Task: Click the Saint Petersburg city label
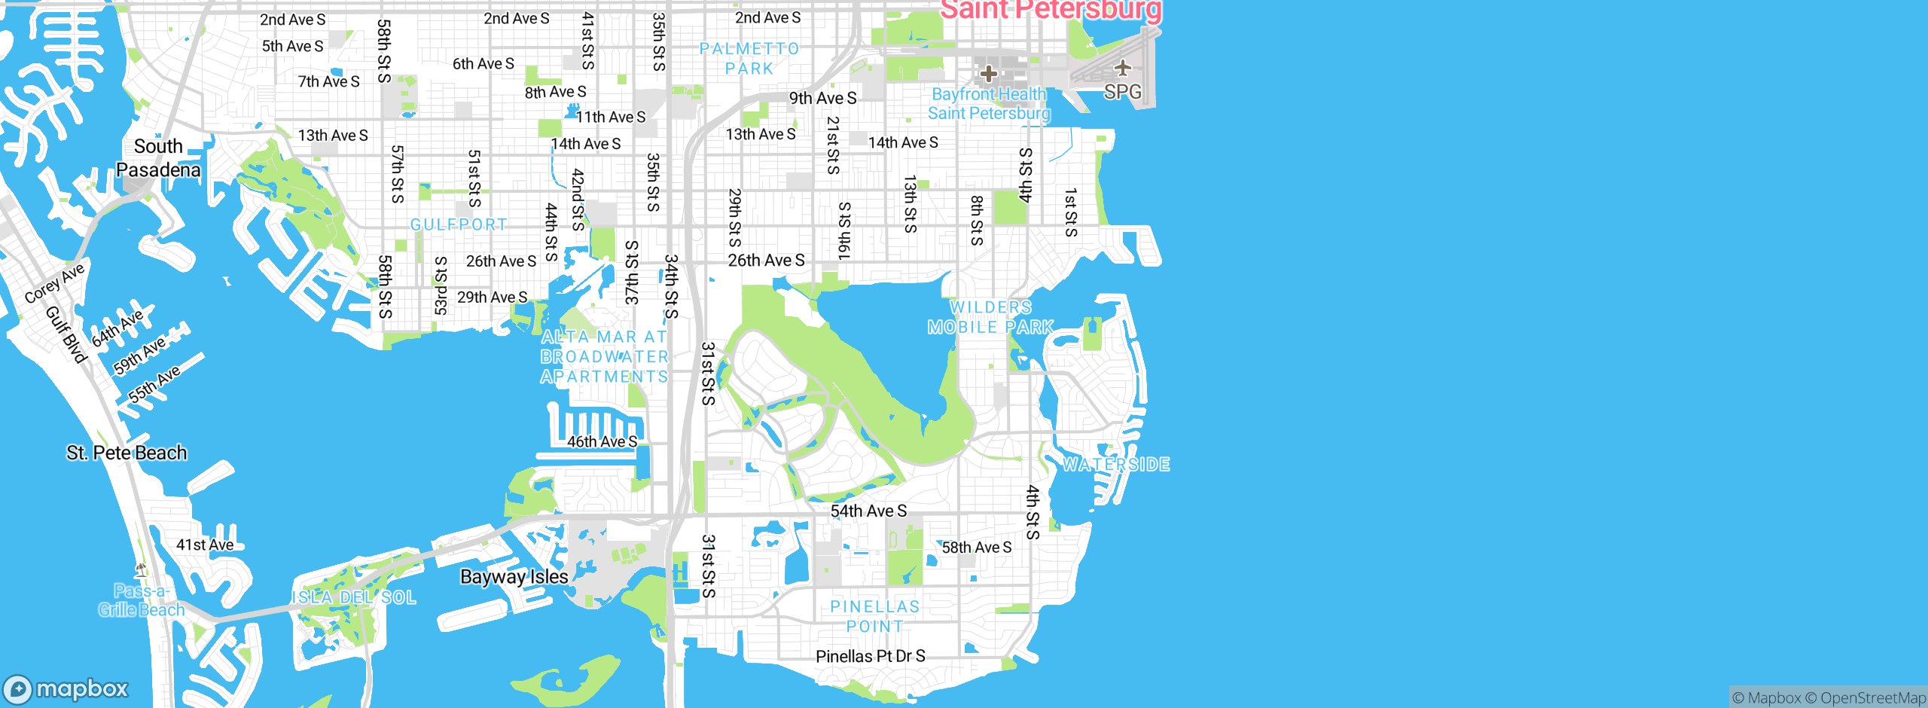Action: click(x=1051, y=11)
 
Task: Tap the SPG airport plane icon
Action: click(x=1123, y=68)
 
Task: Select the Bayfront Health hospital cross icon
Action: click(x=988, y=74)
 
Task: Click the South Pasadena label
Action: click(x=158, y=158)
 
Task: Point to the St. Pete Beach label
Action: click(x=127, y=453)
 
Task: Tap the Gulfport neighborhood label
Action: click(x=459, y=224)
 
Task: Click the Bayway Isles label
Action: click(x=514, y=577)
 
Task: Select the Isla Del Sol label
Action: click(x=354, y=597)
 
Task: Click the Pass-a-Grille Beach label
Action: click(x=141, y=600)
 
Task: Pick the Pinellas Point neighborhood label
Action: click(x=874, y=616)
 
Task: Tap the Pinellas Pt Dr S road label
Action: click(x=870, y=656)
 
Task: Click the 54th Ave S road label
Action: click(x=868, y=511)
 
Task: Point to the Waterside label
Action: click(x=1116, y=465)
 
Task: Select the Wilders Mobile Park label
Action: click(x=990, y=317)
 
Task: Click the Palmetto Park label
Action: click(x=749, y=59)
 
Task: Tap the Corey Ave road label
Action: click(x=54, y=283)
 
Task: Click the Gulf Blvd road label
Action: click(x=66, y=334)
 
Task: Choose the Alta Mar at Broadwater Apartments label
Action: click(x=604, y=356)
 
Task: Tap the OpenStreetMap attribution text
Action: click(x=1872, y=698)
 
